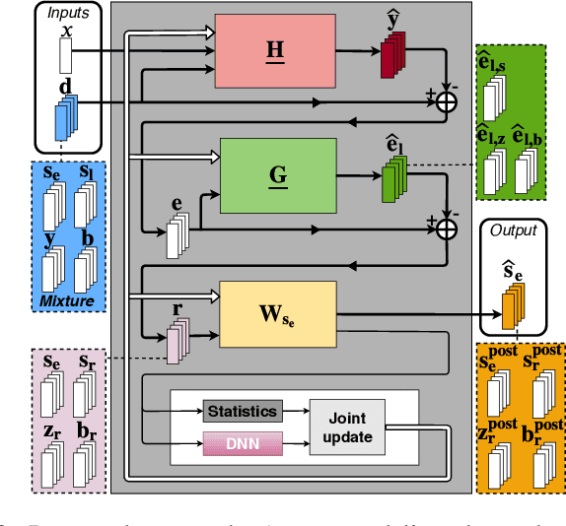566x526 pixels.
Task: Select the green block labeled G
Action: pos(278,174)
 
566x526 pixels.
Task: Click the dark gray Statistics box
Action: pos(241,410)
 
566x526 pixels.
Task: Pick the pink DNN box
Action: pos(241,446)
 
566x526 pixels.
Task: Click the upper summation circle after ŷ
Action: pos(448,100)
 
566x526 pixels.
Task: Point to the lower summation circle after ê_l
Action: pos(447,229)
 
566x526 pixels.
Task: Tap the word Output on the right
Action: pos(514,230)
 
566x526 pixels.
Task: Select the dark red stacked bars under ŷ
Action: pos(393,56)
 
